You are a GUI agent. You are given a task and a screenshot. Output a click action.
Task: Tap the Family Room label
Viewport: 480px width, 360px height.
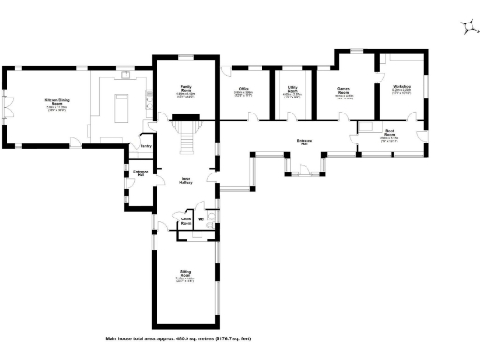pyautogui.click(x=186, y=91)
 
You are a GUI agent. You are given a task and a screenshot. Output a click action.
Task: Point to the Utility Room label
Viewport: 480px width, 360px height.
pyautogui.click(x=293, y=92)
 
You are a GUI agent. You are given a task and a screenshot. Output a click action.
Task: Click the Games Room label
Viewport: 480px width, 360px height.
pyautogui.click(x=344, y=92)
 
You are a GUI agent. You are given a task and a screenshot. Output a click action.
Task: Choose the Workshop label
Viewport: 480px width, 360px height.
pyautogui.click(x=402, y=91)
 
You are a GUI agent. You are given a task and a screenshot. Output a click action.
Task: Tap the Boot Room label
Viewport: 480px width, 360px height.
pyautogui.click(x=388, y=136)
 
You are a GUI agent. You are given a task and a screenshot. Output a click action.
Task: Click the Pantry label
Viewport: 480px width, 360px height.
pyautogui.click(x=145, y=147)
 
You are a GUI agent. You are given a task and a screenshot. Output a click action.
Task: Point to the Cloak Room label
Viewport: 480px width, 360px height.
pyautogui.click(x=187, y=223)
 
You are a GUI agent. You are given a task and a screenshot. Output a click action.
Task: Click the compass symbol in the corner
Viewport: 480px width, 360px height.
pyautogui.click(x=467, y=27)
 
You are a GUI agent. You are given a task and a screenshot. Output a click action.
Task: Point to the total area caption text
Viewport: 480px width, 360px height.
pyautogui.click(x=176, y=337)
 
